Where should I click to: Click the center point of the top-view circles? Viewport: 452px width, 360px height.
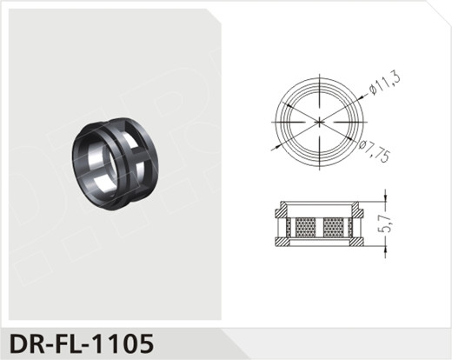click(320, 120)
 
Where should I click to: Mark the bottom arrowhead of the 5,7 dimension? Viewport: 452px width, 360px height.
click(382, 244)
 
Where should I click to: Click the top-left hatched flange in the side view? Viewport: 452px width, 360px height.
click(282, 210)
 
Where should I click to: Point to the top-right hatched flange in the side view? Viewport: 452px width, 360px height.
click(357, 210)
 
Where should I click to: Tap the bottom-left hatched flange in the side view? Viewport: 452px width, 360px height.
click(282, 241)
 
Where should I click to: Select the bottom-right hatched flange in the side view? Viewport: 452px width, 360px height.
click(357, 241)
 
